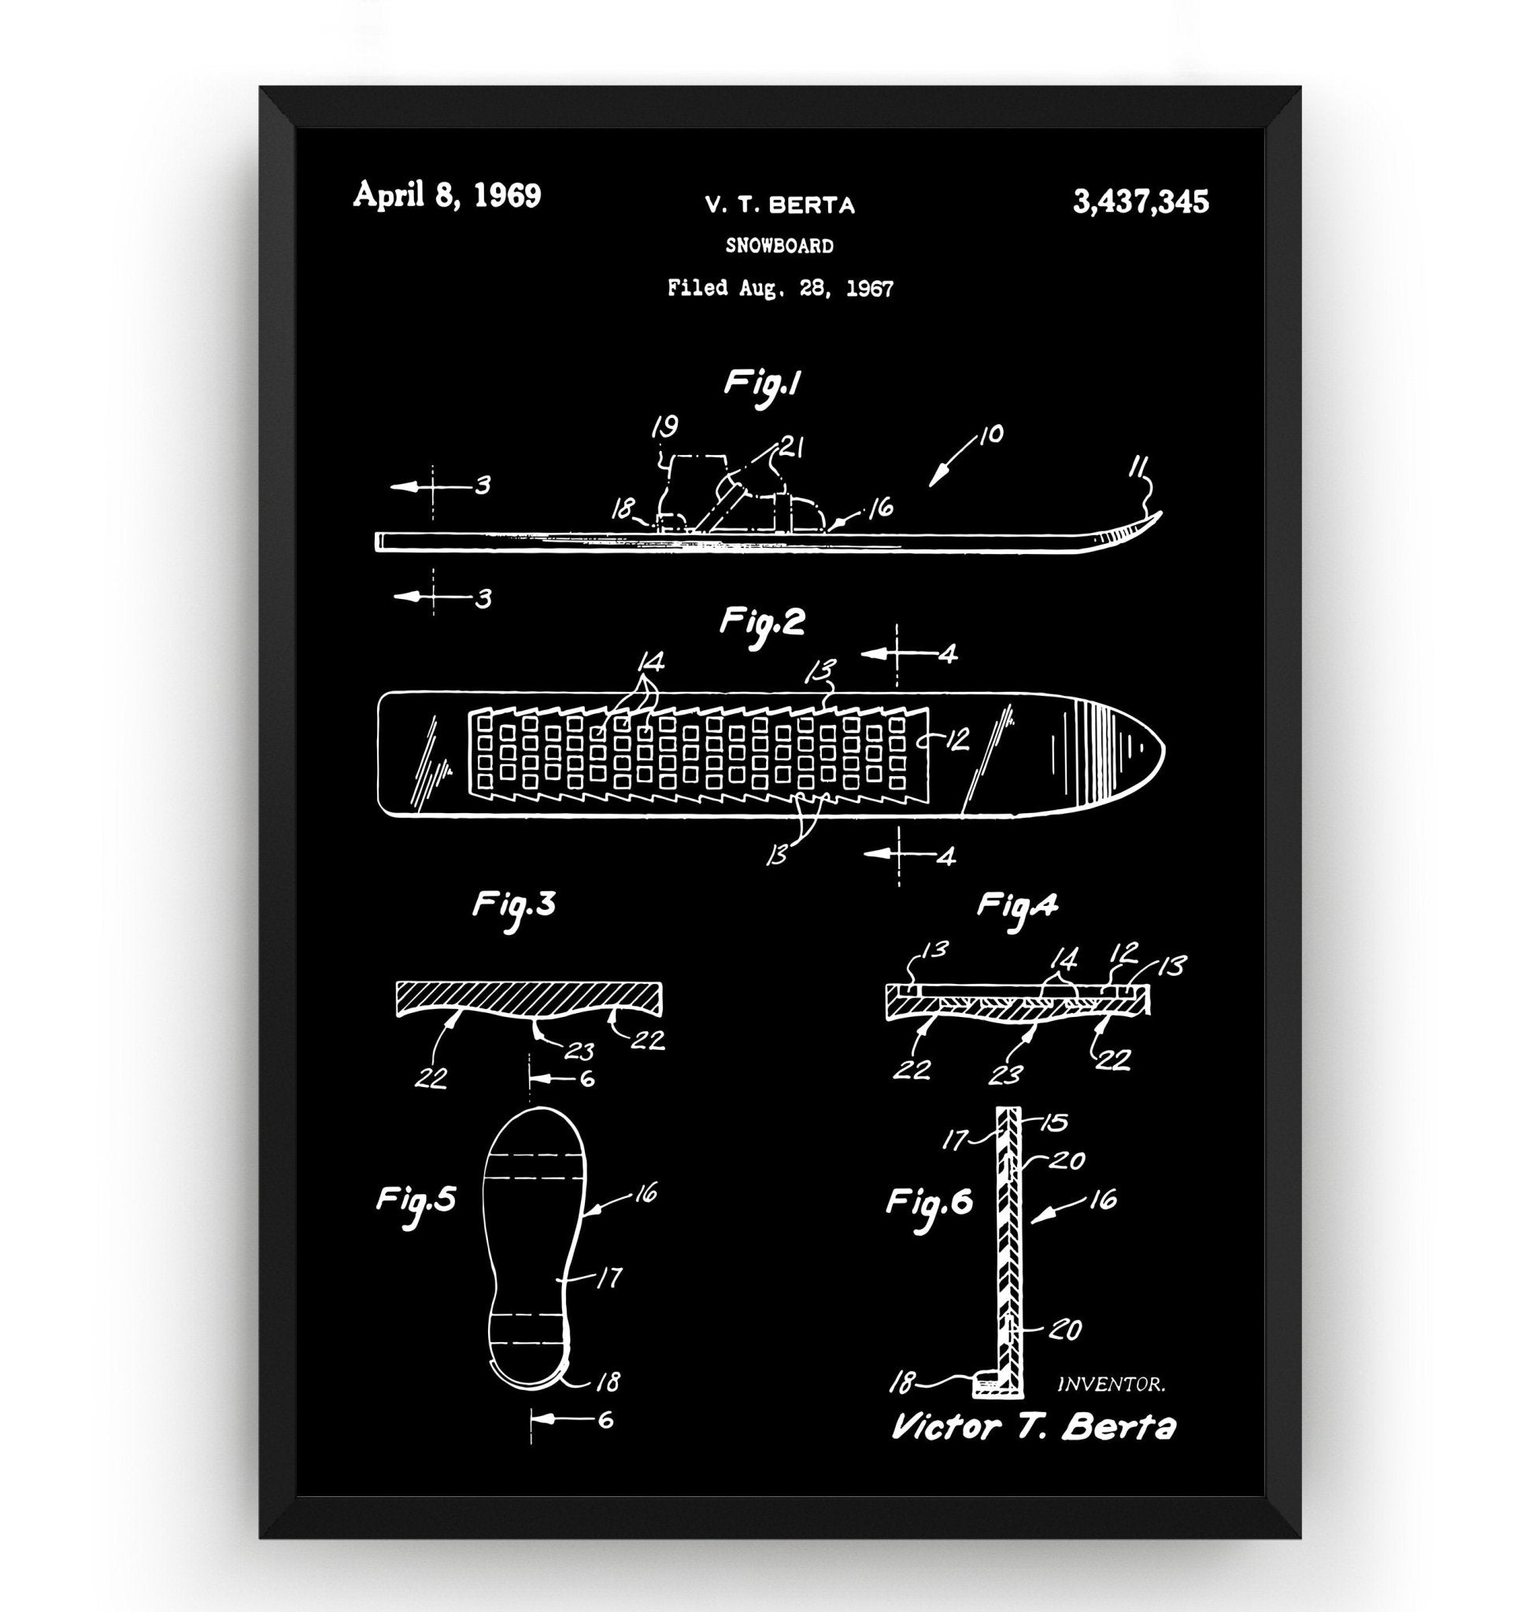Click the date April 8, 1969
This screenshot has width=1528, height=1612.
click(x=446, y=196)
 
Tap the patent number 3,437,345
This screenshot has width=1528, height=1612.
click(x=1141, y=201)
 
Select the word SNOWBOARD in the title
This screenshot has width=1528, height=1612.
click(x=779, y=246)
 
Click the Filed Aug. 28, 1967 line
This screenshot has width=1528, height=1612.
click(x=779, y=287)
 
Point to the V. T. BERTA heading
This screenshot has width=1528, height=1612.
click(x=779, y=205)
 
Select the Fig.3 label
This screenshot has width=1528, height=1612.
click(x=514, y=906)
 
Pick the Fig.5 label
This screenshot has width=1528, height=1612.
click(x=416, y=1200)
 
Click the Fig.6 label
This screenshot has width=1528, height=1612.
click(x=930, y=1202)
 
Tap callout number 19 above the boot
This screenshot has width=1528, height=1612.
click(x=665, y=427)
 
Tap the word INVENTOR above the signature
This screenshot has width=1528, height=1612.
click(x=1110, y=1383)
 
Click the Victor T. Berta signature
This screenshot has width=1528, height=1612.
click(x=1033, y=1427)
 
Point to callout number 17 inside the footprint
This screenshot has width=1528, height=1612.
click(x=609, y=1277)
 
